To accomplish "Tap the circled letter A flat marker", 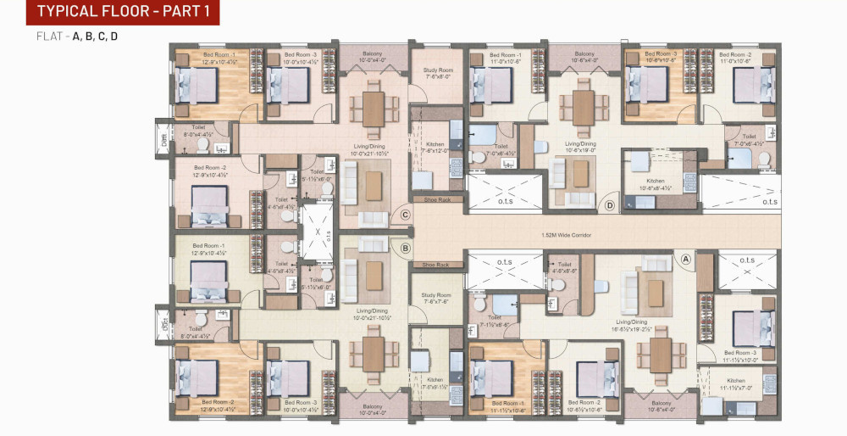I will click(x=686, y=259).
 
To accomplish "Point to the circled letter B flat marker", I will click(x=406, y=249).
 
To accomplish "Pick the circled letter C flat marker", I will click(x=406, y=215).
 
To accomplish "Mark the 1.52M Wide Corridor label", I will click(x=566, y=234).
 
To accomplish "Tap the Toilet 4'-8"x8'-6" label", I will click(x=565, y=268).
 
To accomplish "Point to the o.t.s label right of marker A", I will click(x=747, y=261).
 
